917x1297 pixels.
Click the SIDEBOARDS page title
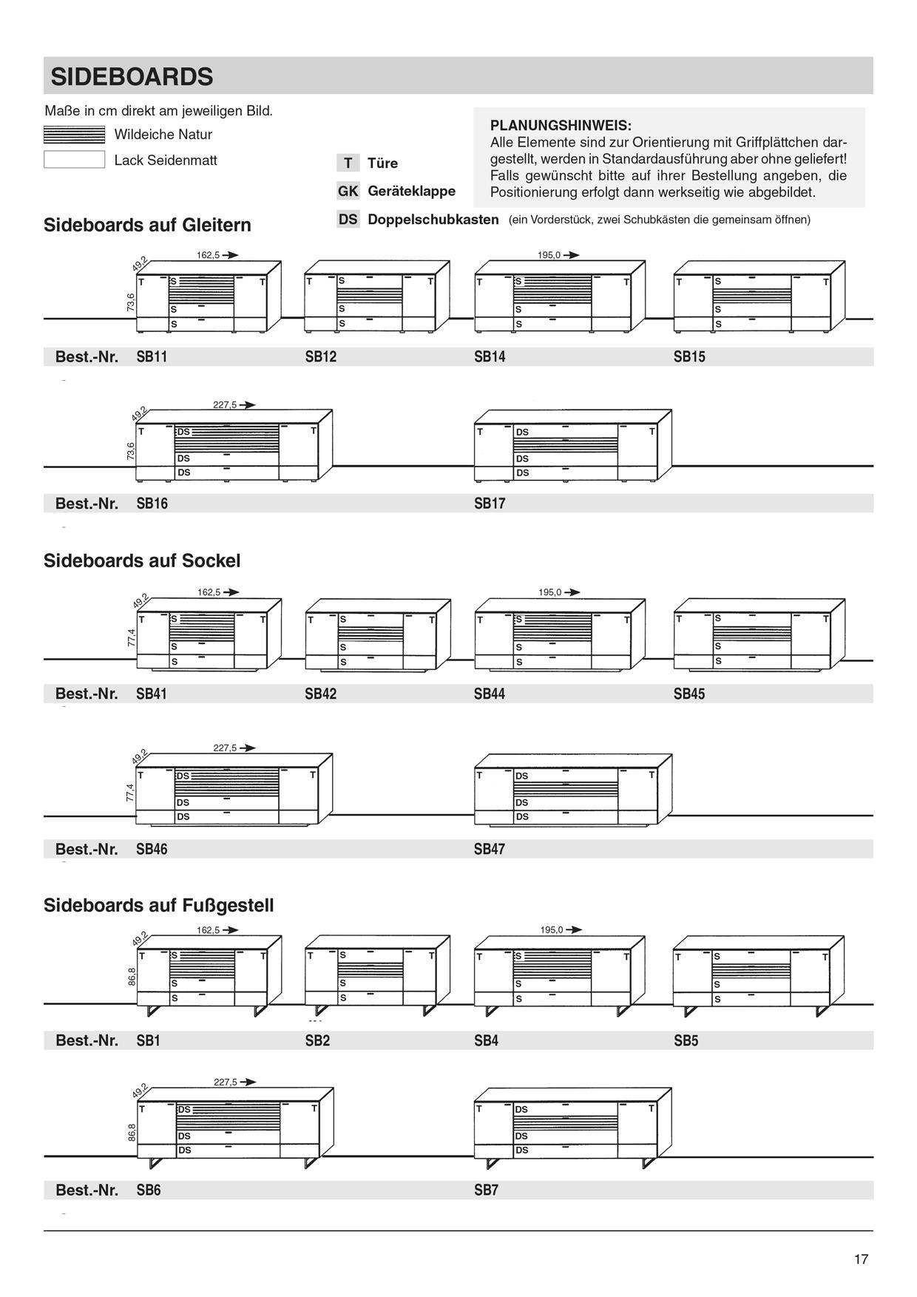(x=132, y=77)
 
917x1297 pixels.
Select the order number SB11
(x=152, y=356)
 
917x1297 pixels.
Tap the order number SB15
(x=689, y=356)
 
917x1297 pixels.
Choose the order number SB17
(x=490, y=504)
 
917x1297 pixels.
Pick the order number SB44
(x=490, y=694)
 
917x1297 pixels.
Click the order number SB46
(x=152, y=849)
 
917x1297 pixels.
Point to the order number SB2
(x=317, y=1040)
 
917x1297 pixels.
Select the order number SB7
(x=486, y=1190)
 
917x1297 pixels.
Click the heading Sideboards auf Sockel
(x=142, y=561)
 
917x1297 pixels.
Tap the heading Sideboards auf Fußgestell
(x=158, y=905)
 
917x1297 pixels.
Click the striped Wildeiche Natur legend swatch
(x=74, y=135)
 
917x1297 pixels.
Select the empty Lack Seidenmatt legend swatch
(x=74, y=160)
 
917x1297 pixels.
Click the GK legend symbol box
(x=348, y=191)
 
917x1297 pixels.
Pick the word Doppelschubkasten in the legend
(x=433, y=220)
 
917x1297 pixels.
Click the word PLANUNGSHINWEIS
(x=561, y=126)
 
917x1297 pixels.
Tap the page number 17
(x=861, y=1259)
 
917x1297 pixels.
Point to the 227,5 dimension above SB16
(x=225, y=405)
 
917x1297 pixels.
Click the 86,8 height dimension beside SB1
(x=132, y=976)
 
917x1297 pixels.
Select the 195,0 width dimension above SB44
(x=549, y=592)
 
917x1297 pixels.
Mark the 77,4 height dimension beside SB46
(x=131, y=793)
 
